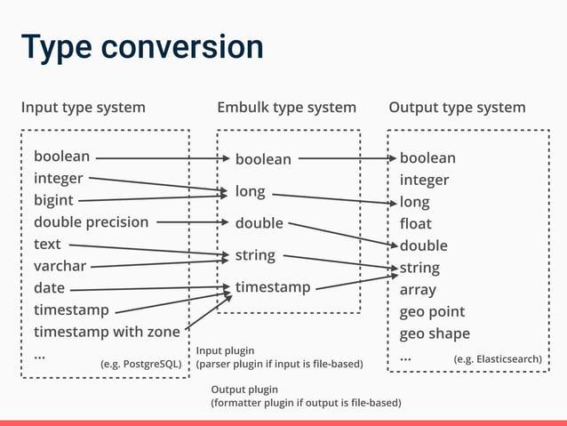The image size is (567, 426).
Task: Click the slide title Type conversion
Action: coord(142,46)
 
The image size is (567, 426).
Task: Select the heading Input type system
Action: coord(83,108)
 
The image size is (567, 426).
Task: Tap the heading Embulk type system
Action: coord(286,108)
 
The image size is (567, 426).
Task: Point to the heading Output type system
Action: coord(457,108)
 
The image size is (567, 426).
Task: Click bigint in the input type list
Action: coord(53,201)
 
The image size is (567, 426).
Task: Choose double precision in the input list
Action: coord(91,222)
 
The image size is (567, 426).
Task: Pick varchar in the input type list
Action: coord(60,266)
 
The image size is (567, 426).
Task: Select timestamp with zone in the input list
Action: coord(107,332)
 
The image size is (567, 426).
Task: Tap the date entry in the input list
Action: coord(49,288)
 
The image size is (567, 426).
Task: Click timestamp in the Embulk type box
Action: coord(273,287)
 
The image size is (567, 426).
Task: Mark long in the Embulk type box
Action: coord(251,191)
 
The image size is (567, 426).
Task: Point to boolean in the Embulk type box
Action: coord(263,159)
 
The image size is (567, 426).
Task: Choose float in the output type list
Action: coord(415,223)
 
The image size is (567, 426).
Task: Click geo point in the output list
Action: coord(432,312)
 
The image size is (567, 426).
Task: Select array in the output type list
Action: coord(418,290)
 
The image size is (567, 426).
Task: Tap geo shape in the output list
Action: coord(435,334)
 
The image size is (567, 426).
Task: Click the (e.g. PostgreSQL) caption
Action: coord(141,363)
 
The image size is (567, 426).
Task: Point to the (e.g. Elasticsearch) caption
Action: coord(497,359)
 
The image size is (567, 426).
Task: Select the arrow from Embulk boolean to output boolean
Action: coord(347,159)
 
